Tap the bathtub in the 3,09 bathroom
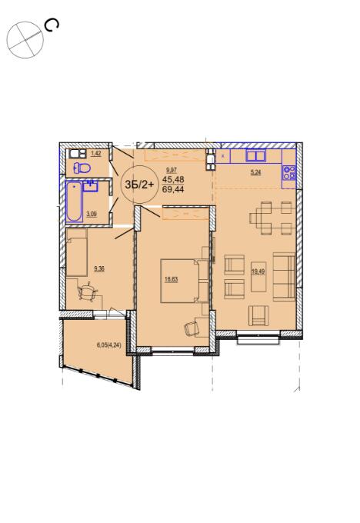(x=74, y=202)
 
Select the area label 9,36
(x=99, y=268)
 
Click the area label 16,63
(x=172, y=279)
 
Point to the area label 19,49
(x=258, y=271)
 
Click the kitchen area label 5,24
(x=256, y=172)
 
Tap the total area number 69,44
(x=173, y=190)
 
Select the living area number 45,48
(x=173, y=179)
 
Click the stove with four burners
(x=289, y=173)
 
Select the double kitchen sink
(x=255, y=156)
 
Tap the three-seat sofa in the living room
(x=284, y=277)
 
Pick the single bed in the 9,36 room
(x=77, y=252)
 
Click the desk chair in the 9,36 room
(x=88, y=292)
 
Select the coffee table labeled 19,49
(x=258, y=277)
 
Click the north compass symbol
(x=25, y=40)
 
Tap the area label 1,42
(x=95, y=153)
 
